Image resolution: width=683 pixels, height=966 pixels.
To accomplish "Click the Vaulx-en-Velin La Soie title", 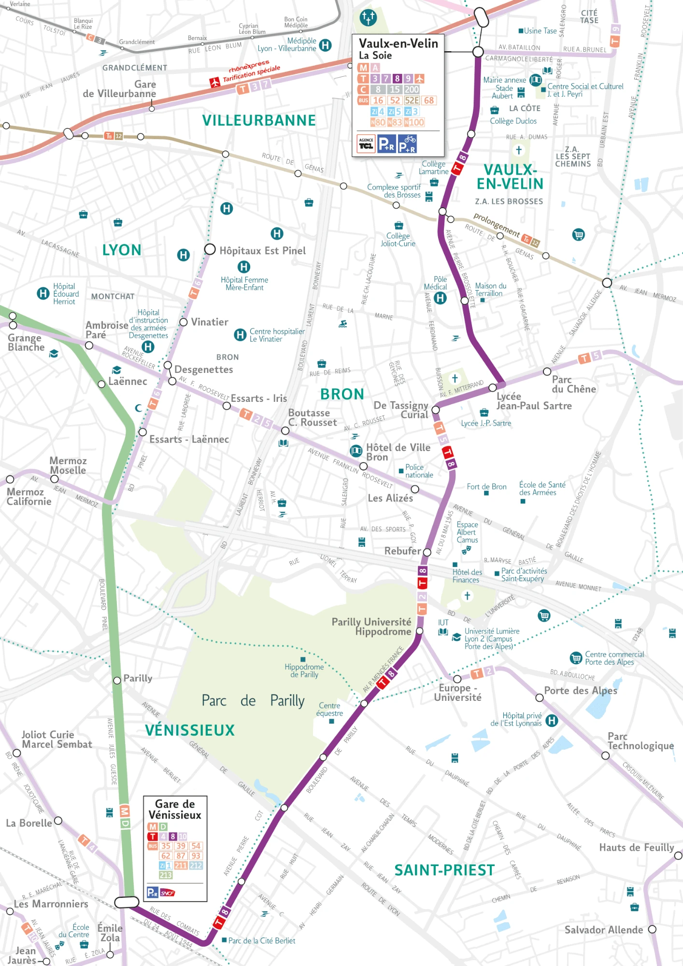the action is tap(398, 48).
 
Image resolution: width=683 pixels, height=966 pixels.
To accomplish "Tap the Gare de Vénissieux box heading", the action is tap(175, 810).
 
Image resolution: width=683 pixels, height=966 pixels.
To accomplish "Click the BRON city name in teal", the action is tap(342, 394).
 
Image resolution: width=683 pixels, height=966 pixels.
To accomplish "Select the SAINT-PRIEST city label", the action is tap(444, 870).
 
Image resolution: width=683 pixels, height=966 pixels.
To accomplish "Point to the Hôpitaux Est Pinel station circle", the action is tap(210, 249).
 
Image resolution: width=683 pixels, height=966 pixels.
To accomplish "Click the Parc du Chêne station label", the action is tap(573, 384).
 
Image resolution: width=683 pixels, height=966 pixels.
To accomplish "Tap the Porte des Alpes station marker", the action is tap(540, 697).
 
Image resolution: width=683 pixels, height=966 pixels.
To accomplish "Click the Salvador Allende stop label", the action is tap(603, 930).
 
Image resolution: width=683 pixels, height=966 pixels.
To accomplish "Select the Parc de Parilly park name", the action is tap(253, 700).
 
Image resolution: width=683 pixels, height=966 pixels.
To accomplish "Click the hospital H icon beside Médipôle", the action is tap(326, 45).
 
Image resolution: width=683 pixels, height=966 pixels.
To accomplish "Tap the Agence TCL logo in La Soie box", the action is tap(366, 143).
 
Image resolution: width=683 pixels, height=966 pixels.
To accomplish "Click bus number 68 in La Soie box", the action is tap(429, 100).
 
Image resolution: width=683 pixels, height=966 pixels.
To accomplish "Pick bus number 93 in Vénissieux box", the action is tap(196, 855).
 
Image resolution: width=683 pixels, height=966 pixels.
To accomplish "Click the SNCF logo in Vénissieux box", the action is tap(168, 893).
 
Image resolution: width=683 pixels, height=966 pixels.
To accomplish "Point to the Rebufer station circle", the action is tap(427, 552).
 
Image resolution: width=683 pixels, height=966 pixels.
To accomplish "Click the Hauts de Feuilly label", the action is tap(636, 847).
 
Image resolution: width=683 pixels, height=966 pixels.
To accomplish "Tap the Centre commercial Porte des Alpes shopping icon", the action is tap(576, 658).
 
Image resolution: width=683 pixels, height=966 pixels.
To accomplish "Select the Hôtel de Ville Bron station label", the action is tap(398, 452).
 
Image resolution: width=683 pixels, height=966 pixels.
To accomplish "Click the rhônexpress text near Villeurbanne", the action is tap(249, 66).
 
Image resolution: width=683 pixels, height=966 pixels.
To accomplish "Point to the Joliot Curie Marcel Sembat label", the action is tap(57, 739).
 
